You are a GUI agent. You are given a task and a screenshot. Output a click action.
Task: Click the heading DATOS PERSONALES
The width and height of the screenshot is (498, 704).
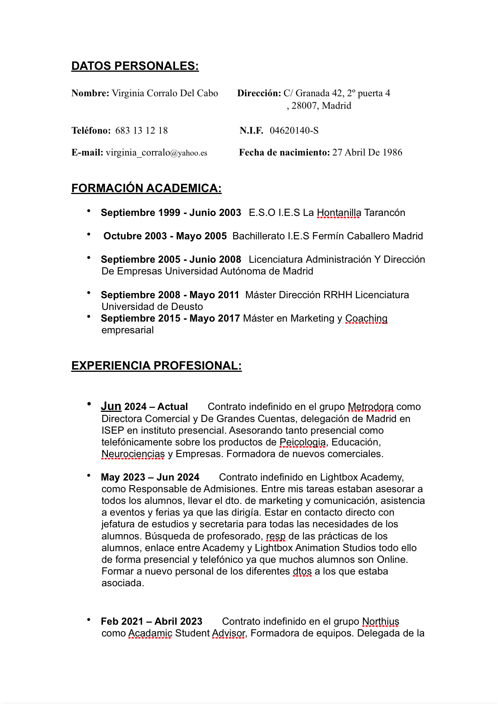135,66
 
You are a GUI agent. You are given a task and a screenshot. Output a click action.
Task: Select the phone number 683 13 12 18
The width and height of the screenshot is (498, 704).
141,131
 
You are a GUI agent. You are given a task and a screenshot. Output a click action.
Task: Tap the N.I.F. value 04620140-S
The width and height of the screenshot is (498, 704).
294,131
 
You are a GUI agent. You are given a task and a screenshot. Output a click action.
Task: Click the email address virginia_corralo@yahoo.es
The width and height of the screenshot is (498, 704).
156,153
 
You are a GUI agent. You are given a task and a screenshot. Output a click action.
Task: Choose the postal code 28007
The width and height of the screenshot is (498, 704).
304,106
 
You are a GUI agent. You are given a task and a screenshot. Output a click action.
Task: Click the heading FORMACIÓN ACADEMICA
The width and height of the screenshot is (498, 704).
146,188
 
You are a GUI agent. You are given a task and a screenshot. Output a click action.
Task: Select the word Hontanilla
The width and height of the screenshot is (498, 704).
339,213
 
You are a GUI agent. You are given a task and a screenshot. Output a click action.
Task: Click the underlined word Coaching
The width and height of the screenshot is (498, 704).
366,319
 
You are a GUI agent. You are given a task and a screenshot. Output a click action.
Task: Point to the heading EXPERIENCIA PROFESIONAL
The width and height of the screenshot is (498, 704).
156,366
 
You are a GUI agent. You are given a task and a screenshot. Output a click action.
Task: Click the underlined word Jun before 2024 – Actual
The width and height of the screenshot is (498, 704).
111,407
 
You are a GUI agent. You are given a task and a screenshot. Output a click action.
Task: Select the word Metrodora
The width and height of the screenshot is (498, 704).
370,407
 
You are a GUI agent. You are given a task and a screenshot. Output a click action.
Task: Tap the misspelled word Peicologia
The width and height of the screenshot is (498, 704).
303,442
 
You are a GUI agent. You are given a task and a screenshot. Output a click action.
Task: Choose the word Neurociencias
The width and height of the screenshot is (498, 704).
133,454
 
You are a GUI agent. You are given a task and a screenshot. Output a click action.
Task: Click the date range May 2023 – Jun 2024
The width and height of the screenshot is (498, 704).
150,478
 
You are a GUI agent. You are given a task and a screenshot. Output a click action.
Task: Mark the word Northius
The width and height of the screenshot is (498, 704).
380,622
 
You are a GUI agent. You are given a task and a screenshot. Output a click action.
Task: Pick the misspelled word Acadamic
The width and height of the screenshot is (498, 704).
150,633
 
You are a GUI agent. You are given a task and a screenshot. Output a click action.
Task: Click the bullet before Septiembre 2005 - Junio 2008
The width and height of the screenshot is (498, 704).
89,258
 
